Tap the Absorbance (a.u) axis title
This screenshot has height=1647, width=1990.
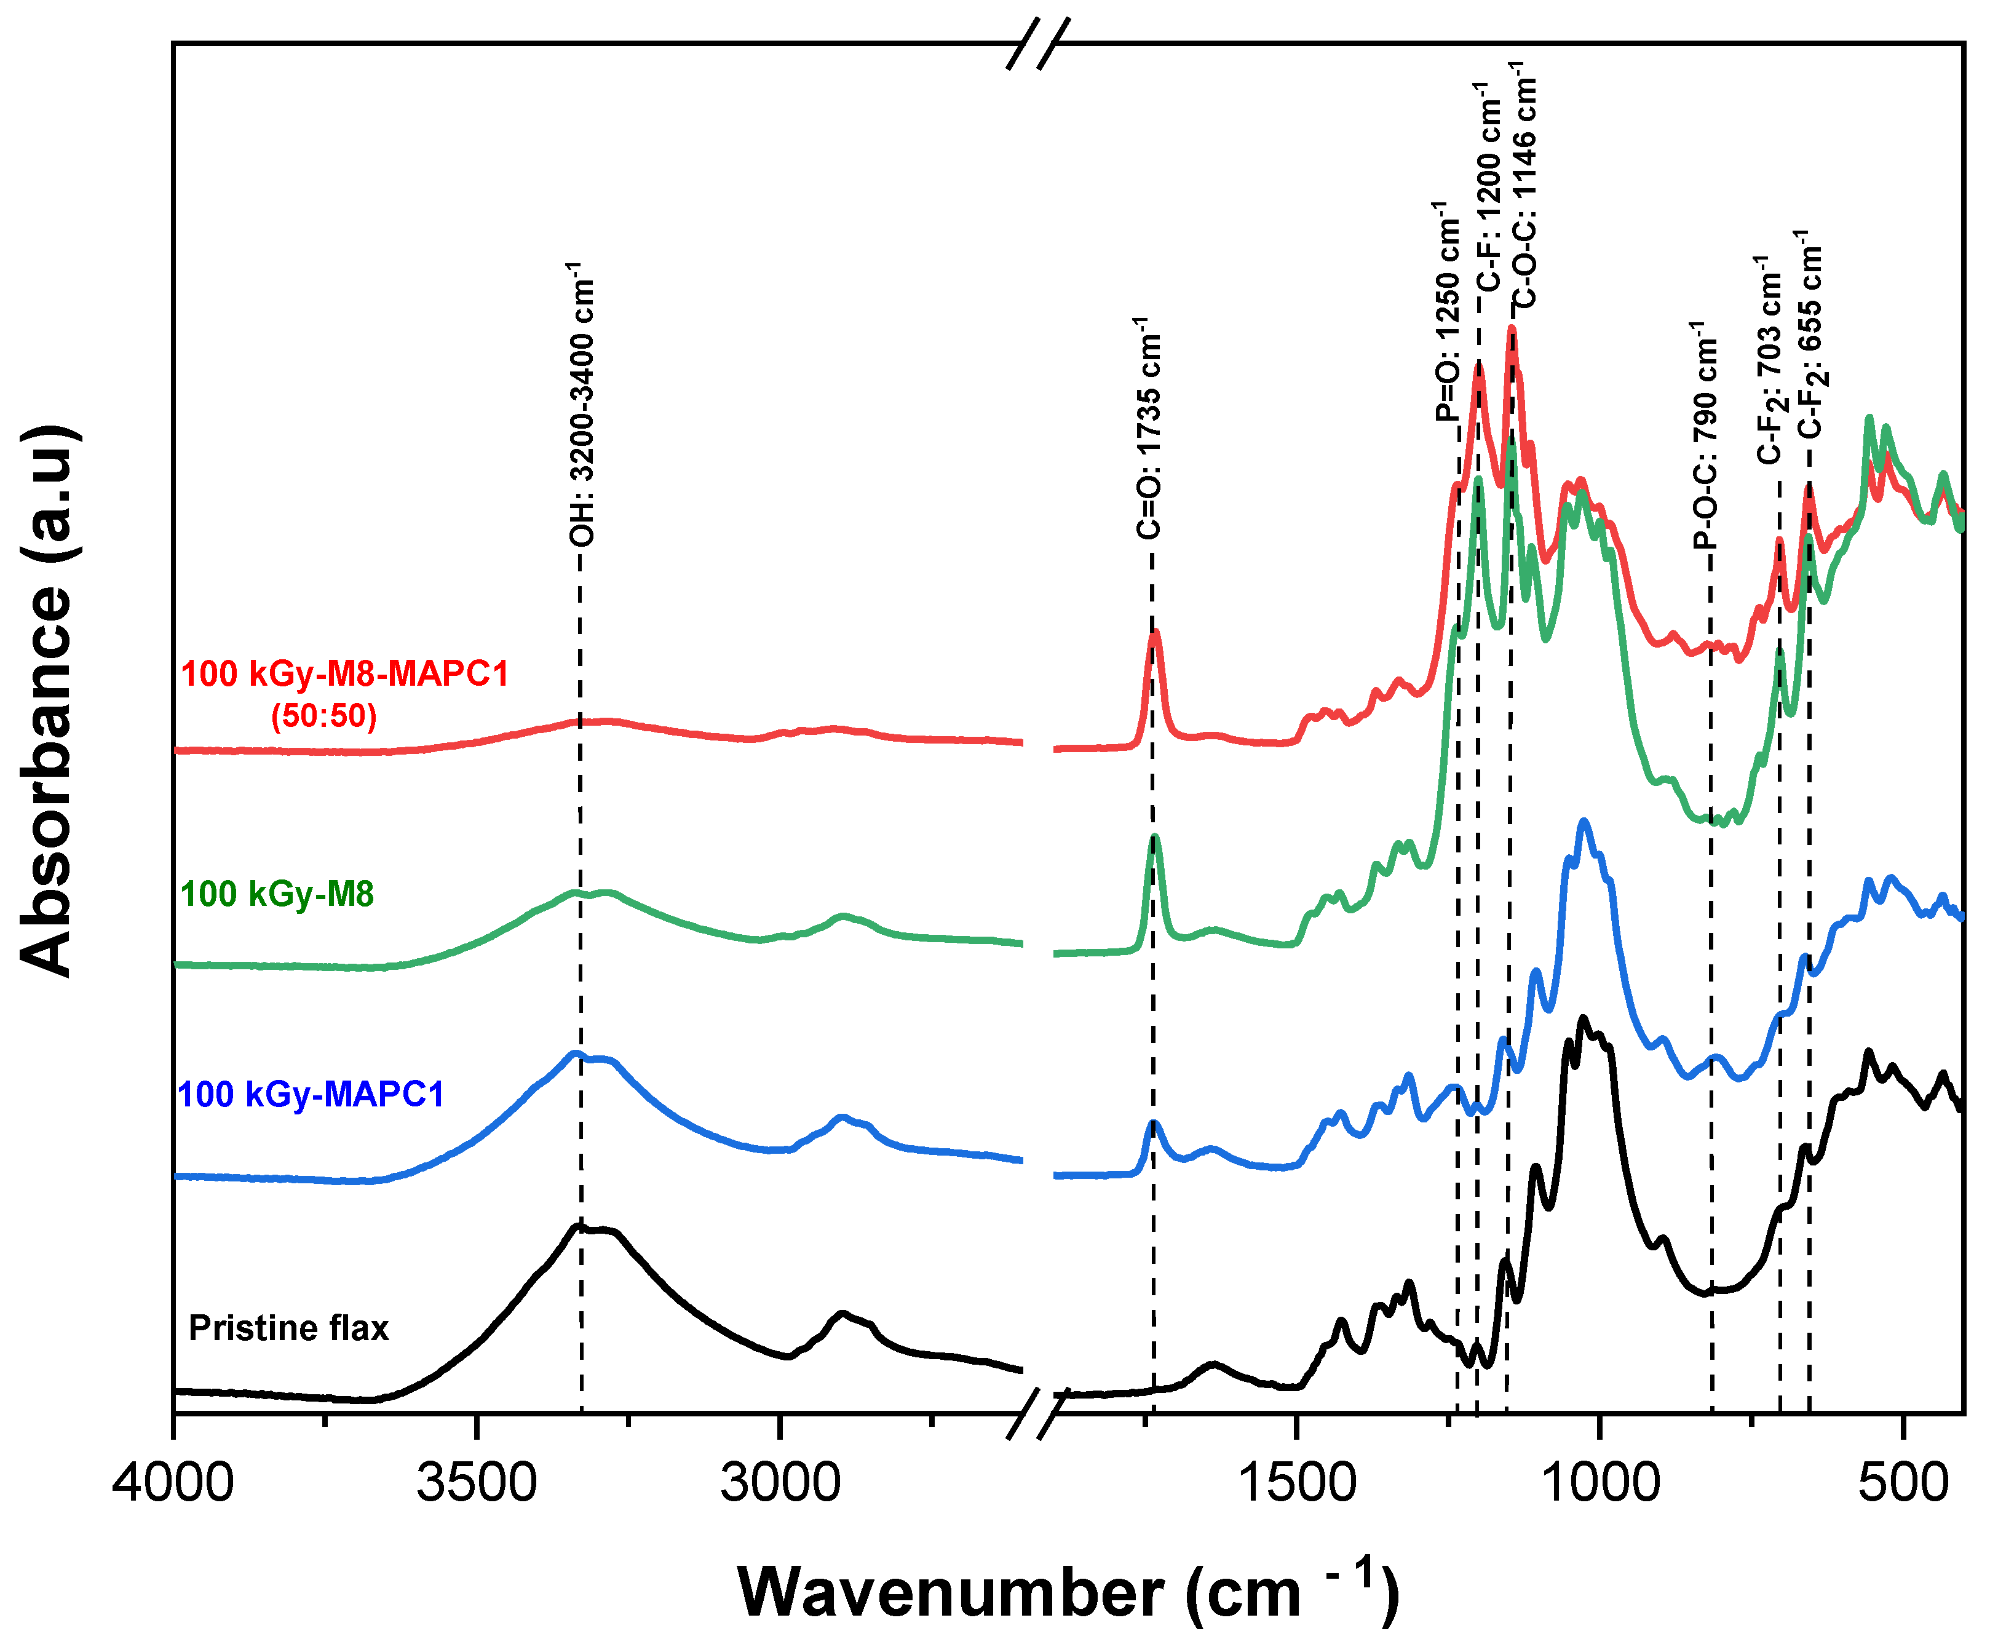click(47, 700)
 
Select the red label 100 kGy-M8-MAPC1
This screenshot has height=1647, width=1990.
click(345, 674)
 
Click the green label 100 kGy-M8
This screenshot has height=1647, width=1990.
click(277, 894)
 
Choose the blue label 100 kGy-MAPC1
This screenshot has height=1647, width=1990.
click(311, 1095)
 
